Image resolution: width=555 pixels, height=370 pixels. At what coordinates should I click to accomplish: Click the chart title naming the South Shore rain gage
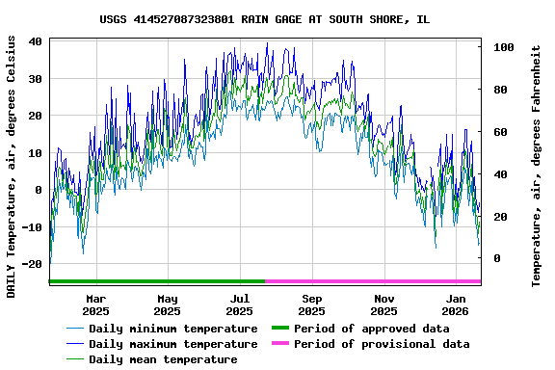(277, 19)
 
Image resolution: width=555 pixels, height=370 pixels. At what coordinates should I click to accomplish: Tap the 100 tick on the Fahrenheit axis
(501, 47)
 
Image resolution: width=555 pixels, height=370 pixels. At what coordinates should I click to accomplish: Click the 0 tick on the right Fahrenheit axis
(495, 258)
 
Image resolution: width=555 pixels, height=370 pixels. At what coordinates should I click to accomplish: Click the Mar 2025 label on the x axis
(95, 304)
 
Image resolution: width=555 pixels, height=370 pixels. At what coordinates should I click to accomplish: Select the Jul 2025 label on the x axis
(239, 304)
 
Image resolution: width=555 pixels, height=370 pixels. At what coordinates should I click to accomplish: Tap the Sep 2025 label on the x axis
(311, 304)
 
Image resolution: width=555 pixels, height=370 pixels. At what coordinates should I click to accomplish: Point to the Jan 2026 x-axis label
(456, 304)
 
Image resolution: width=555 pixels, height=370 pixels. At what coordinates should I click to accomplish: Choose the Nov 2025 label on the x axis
(383, 304)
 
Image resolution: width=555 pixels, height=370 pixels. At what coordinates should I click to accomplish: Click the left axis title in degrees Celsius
(12, 166)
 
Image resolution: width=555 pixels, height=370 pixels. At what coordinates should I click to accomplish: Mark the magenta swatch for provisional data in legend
(280, 344)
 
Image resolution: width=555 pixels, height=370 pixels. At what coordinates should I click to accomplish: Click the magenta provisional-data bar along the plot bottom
(373, 281)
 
